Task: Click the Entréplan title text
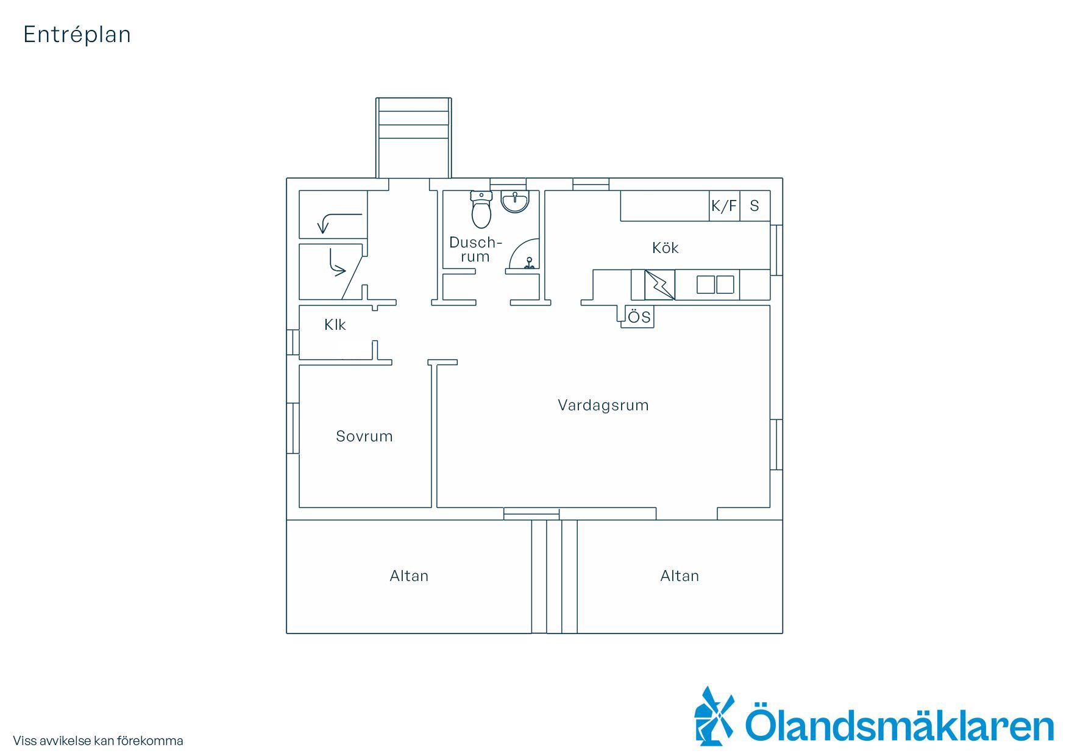tap(77, 35)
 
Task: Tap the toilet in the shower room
tap(481, 209)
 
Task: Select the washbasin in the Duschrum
tap(516, 202)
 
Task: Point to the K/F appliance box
tap(724, 206)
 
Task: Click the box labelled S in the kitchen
tap(755, 206)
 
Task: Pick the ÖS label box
tap(637, 317)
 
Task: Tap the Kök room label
tap(665, 248)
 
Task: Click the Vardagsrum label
tap(603, 405)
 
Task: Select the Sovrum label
tap(364, 436)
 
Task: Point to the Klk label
tap(335, 324)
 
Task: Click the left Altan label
tap(409, 576)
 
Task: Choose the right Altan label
tap(680, 576)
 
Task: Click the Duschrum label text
tap(475, 249)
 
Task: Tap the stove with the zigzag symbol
tap(660, 285)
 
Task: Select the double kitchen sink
tap(716, 285)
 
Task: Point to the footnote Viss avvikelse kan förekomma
tap(98, 741)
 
